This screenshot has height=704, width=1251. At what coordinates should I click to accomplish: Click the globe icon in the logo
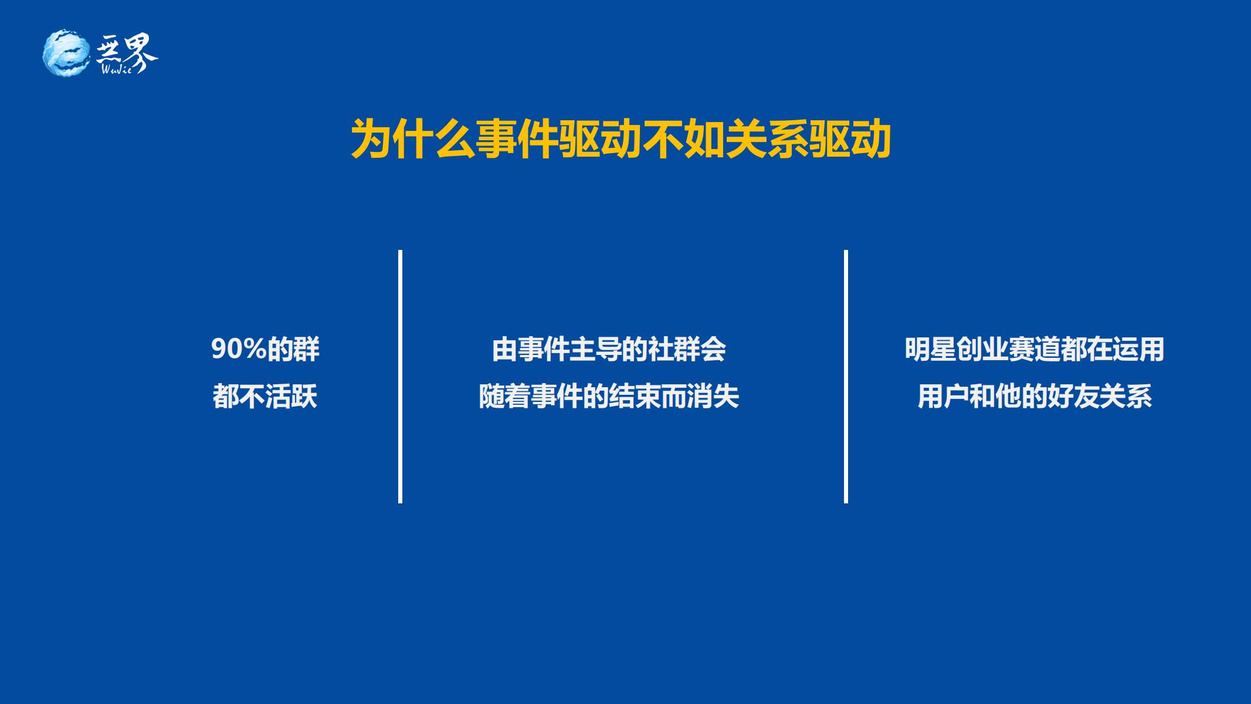coord(66,52)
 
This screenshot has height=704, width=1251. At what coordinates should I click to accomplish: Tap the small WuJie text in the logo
coord(117,69)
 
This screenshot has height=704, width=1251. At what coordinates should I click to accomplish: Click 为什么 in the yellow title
coord(412,140)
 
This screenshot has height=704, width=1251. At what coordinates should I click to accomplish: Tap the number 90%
coord(239,350)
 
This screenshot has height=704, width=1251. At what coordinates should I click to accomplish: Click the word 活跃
coord(291,397)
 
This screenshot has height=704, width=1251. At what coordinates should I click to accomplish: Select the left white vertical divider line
coord(400,377)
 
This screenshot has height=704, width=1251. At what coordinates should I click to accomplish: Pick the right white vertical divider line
coord(846,377)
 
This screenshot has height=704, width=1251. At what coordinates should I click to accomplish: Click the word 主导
coord(595,350)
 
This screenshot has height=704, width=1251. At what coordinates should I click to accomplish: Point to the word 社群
coord(673,350)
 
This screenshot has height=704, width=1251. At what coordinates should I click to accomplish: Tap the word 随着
coord(504,397)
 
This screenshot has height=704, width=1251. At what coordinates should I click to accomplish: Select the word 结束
coord(635,397)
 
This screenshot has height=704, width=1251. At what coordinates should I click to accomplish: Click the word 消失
coord(713,397)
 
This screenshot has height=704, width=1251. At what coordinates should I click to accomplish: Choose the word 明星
coord(930,350)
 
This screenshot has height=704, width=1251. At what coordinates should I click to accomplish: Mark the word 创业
coord(982,350)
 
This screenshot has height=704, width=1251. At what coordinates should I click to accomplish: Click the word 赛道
coord(1034,350)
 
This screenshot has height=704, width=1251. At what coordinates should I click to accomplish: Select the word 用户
coord(944,397)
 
